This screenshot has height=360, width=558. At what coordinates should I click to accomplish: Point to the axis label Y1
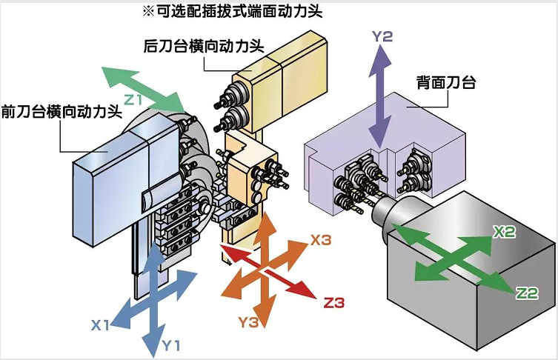(172, 345)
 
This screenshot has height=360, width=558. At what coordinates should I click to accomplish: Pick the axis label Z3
(334, 302)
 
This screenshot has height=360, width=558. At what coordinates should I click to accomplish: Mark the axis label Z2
(527, 294)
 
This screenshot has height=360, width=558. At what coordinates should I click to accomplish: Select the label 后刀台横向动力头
(203, 46)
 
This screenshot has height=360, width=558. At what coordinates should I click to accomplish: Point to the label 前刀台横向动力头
(62, 111)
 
